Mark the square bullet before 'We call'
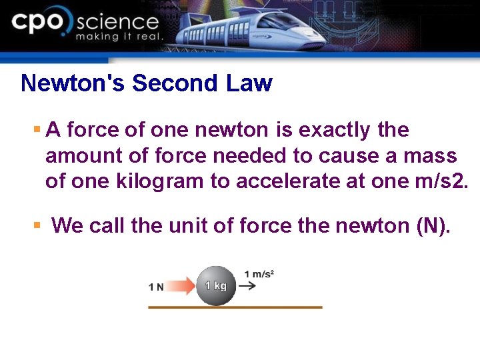(x=37, y=225)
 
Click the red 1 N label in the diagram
(x=156, y=287)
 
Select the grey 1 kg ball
(x=215, y=285)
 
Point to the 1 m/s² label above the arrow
(x=259, y=273)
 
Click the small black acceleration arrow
(x=247, y=286)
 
